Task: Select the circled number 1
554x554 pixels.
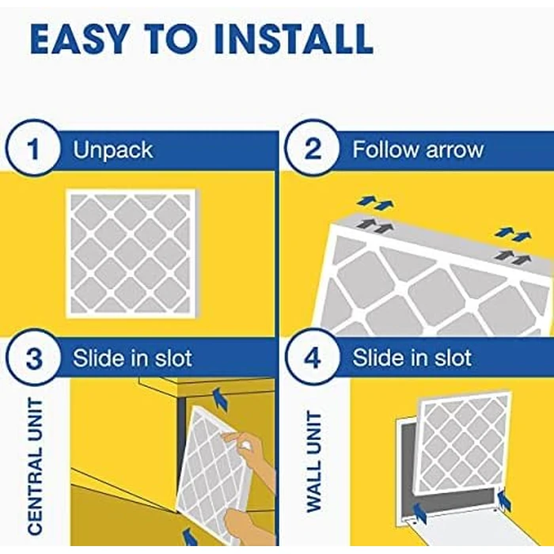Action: [33, 150]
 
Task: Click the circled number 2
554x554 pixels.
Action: [313, 150]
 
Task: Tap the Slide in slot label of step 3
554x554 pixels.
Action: [132, 358]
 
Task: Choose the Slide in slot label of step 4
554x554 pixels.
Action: [412, 358]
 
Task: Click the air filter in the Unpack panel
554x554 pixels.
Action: [131, 252]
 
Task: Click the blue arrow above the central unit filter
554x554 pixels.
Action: [219, 400]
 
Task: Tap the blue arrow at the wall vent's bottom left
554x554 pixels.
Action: [419, 515]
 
